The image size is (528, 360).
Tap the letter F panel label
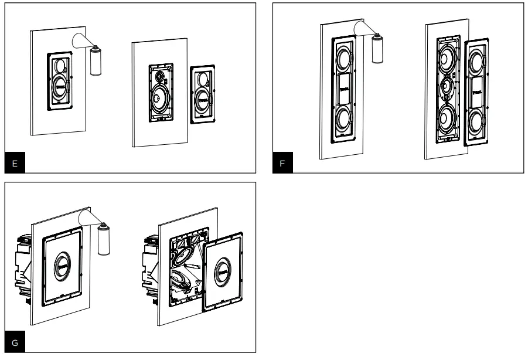click(282, 164)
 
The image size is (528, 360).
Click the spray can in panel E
click(94, 62)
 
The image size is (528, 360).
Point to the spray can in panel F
click(378, 49)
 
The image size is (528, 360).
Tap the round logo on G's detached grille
click(223, 271)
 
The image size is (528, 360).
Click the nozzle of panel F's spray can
click(378, 36)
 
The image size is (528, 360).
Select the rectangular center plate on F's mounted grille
click(345, 88)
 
